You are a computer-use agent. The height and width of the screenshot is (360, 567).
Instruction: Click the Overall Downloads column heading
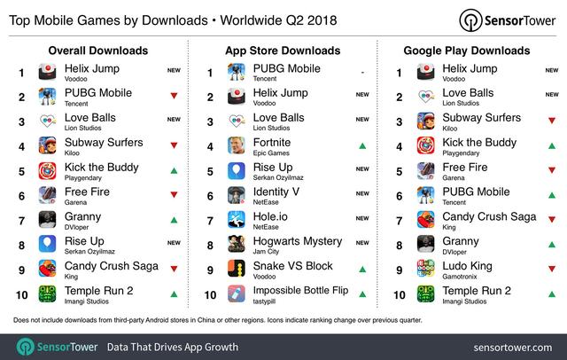pyautogui.click(x=97, y=51)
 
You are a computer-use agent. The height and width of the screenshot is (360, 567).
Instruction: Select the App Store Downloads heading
pyautogui.click(x=283, y=51)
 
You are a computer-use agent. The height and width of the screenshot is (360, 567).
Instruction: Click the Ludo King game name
pyautogui.click(x=469, y=265)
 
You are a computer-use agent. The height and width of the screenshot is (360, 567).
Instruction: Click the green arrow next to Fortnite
pyautogui.click(x=362, y=146)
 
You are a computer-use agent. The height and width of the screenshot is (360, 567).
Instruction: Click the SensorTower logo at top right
pyautogui.click(x=507, y=20)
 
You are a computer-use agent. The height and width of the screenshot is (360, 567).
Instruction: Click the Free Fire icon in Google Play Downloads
pyautogui.click(x=424, y=171)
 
